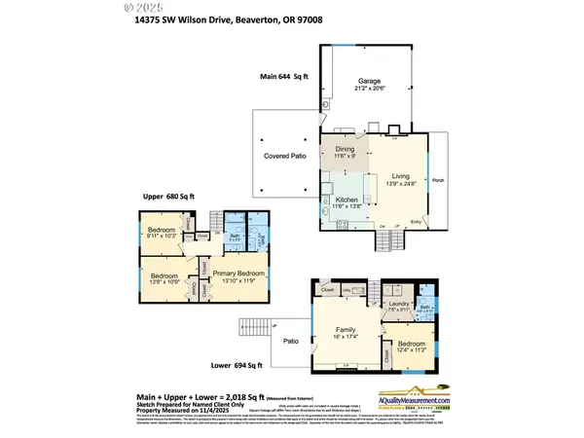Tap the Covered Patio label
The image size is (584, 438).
click(280, 156)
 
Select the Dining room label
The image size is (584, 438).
click(346, 148)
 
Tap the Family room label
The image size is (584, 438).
click(346, 329)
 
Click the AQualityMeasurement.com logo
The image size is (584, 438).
click(410, 404)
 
